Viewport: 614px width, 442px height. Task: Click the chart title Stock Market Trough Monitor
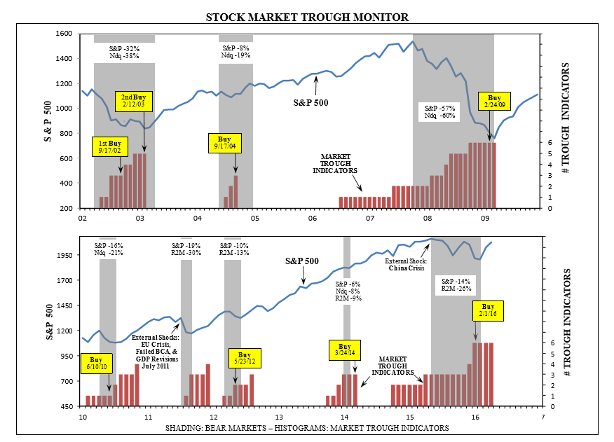(307, 16)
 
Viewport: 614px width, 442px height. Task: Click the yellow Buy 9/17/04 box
(225, 143)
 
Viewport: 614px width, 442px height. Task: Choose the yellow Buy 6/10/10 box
(96, 363)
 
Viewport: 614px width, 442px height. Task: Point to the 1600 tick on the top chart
(64, 34)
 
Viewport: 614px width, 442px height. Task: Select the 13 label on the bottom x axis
(278, 417)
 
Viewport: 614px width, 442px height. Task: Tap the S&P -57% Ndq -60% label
(440, 113)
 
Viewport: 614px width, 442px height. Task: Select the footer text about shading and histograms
(307, 427)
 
